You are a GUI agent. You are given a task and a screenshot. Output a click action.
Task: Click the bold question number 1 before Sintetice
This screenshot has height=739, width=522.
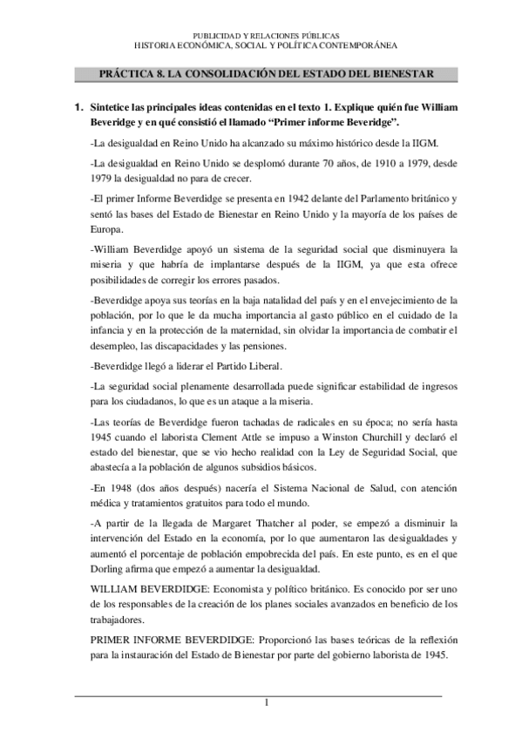(79, 107)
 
